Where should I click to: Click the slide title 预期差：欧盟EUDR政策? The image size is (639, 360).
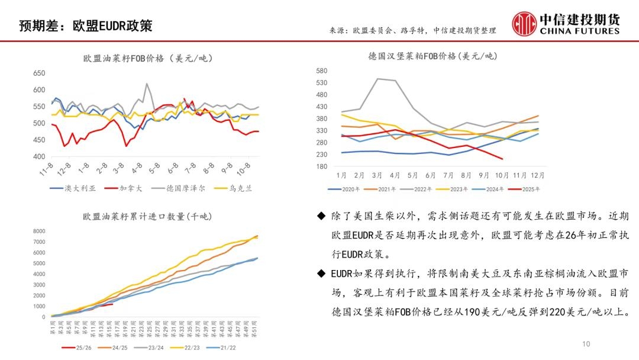point(86,26)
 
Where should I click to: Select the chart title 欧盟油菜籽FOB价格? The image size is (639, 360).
point(148,58)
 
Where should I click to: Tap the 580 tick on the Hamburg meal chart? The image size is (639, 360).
point(322,70)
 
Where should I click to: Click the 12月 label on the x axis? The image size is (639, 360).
point(537,176)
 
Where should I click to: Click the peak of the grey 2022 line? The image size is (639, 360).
point(378,79)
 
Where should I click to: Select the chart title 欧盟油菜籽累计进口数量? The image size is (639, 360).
point(144,216)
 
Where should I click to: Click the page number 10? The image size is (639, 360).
point(586,344)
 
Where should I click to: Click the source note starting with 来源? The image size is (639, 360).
point(412,30)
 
